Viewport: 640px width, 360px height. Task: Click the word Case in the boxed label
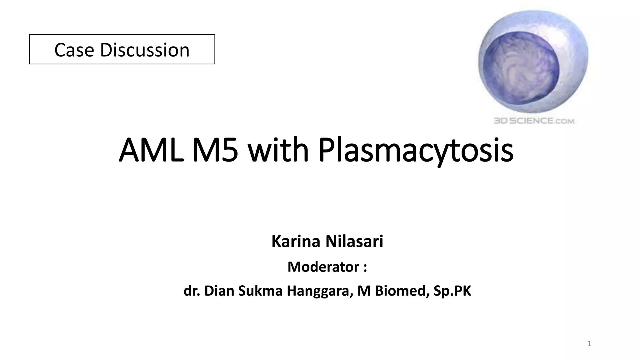(74, 50)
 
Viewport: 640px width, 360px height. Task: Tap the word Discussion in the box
(145, 50)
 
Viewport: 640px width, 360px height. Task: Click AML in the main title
(151, 150)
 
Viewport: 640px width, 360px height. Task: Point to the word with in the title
(278, 150)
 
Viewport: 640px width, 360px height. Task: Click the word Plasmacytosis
(416, 150)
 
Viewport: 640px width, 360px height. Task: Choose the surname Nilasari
(354, 241)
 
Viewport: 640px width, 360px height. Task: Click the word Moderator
(323, 267)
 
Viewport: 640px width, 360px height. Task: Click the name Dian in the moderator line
(219, 291)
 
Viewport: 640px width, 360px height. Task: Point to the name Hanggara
(320, 291)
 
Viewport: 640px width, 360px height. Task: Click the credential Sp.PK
(452, 291)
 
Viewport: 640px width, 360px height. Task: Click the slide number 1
(589, 344)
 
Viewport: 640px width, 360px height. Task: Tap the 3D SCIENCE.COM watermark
(534, 121)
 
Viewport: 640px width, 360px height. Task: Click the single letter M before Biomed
(364, 291)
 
